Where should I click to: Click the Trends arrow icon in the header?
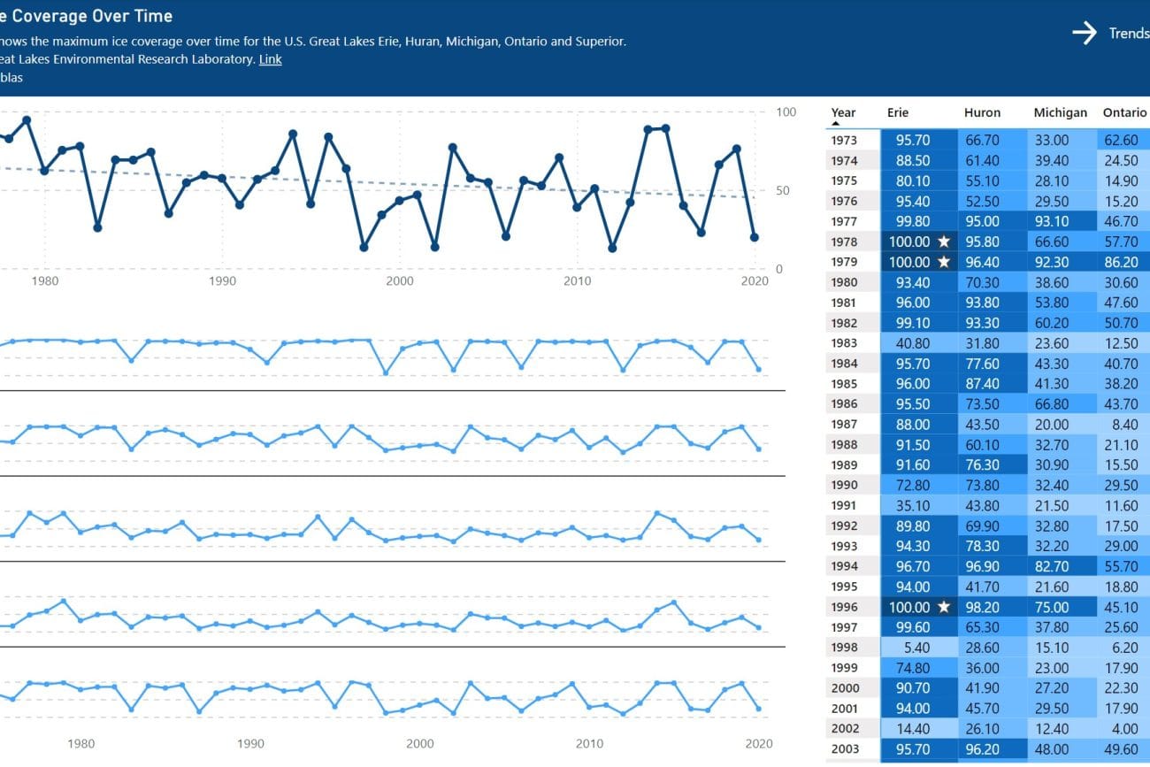click(x=1085, y=34)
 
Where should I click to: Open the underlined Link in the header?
click(x=271, y=59)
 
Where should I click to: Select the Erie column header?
click(x=898, y=112)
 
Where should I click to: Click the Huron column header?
click(x=982, y=112)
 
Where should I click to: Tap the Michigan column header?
click(x=1060, y=112)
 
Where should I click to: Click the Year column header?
click(x=843, y=112)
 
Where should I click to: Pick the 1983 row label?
click(x=844, y=343)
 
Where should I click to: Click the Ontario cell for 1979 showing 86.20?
click(x=1121, y=262)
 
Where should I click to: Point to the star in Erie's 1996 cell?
click(x=944, y=607)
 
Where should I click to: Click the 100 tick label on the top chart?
click(x=786, y=112)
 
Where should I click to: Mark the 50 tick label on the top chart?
click(x=784, y=190)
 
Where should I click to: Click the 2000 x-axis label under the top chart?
click(x=400, y=280)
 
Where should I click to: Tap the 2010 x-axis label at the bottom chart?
click(x=590, y=744)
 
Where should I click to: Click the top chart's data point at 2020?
click(x=755, y=237)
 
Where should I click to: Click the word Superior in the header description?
click(x=598, y=42)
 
